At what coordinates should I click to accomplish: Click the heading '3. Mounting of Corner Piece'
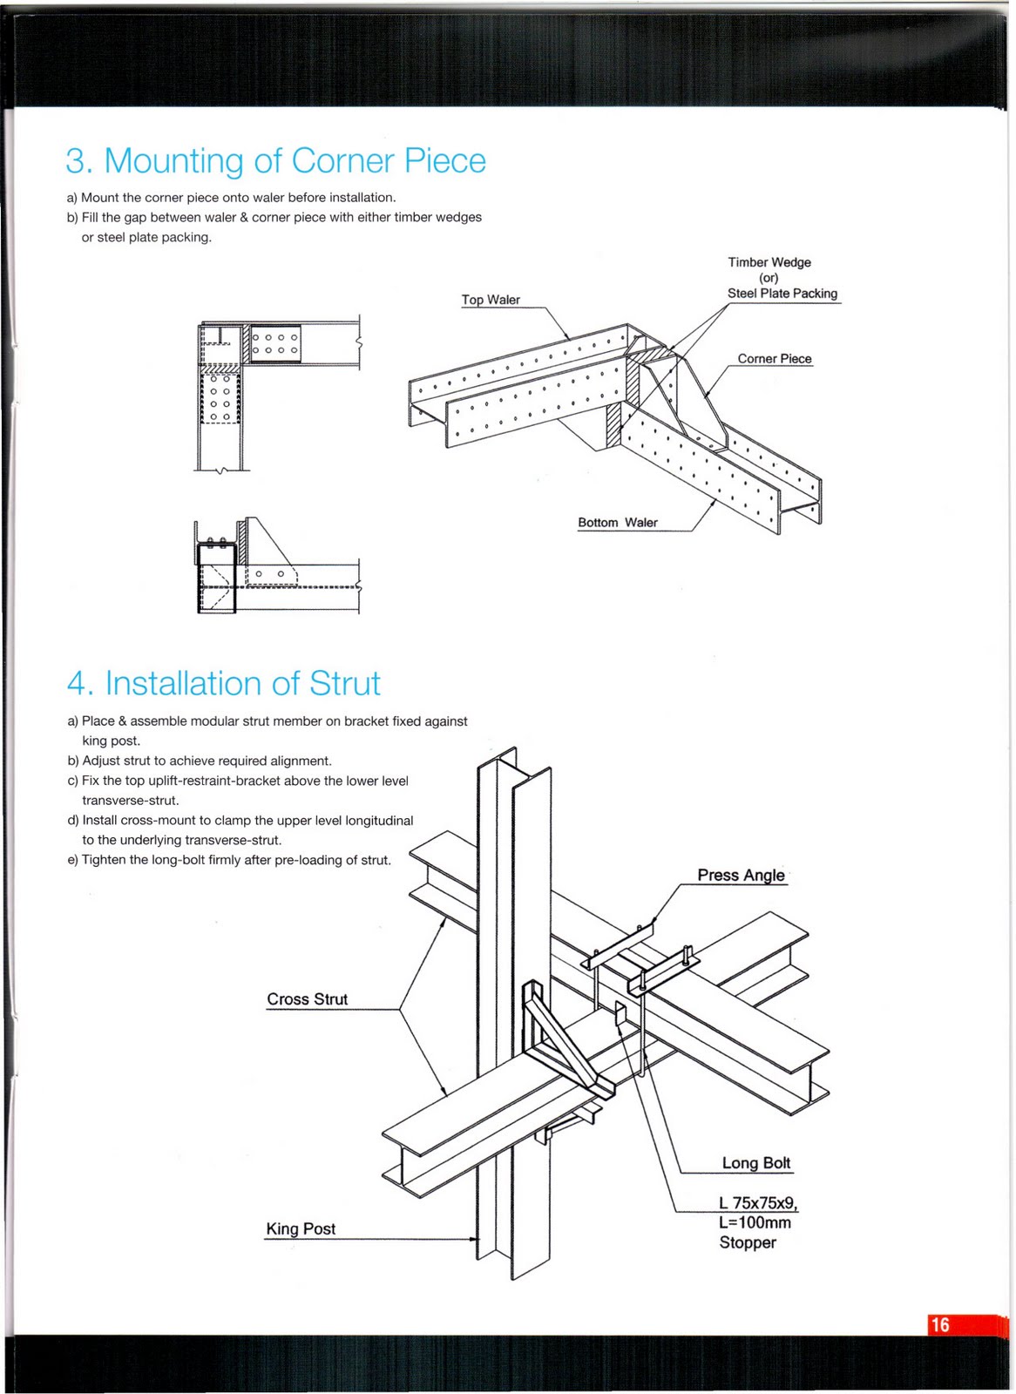pos(275,161)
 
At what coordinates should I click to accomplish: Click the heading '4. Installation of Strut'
pos(224,684)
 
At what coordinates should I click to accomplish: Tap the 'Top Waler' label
pos(491,300)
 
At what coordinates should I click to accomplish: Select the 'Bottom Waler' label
pos(617,523)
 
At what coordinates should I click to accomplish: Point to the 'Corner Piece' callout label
pos(774,359)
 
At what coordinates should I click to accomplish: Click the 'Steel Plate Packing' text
pos(782,294)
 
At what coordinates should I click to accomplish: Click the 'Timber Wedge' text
pos(769,262)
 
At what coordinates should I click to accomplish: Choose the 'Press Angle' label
pos(741,876)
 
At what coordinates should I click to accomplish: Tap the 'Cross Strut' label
pos(307,999)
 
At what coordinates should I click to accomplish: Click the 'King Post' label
pos(301,1229)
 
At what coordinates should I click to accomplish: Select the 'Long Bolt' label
pos(755,1163)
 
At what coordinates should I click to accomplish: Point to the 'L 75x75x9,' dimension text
pos(757,1203)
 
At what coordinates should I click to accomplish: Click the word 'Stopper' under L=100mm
pos(747,1243)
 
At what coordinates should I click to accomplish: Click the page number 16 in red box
pos(940,1325)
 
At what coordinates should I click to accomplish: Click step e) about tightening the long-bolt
pos(229,860)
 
